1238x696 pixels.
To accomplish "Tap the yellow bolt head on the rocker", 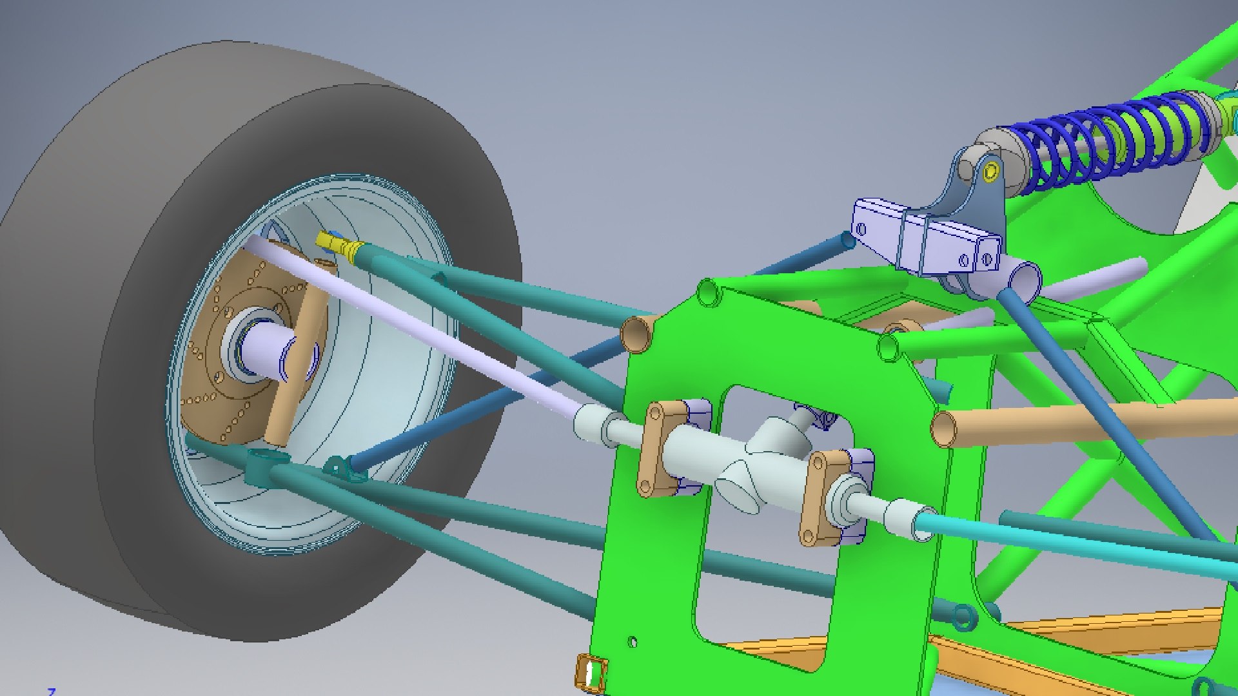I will pyautogui.click(x=991, y=171).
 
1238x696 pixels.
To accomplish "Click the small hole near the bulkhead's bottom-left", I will pyautogui.click(x=633, y=642).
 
